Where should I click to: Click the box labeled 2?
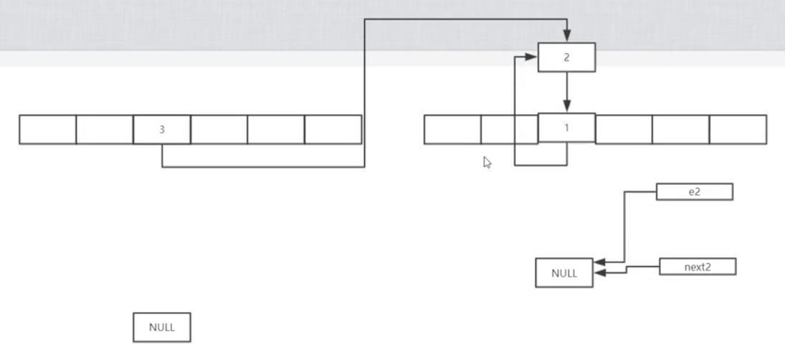566,57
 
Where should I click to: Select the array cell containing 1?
566,128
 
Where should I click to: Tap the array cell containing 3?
162,130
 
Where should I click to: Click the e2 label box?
694,191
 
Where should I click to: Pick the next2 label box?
697,267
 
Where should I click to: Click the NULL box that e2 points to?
564,273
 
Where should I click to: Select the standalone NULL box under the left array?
162,327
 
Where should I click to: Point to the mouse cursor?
487,163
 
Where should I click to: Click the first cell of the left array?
47,130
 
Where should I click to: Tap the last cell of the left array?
333,130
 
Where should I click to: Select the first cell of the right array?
452,130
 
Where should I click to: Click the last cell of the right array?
738,130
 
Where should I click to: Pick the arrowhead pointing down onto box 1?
566,108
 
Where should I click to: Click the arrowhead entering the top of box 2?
566,36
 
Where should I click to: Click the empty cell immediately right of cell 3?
219,130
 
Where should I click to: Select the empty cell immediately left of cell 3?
105,130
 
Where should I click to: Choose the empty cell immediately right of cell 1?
624,130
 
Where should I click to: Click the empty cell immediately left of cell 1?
509,130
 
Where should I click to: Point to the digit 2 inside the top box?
566,57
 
